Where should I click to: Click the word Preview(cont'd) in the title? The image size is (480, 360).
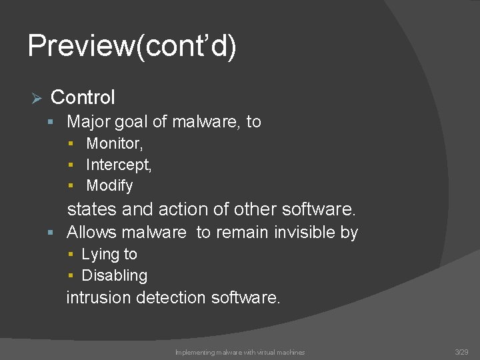click(x=132, y=47)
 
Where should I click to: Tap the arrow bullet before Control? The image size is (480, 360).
click(x=37, y=99)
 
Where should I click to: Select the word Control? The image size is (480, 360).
click(x=83, y=97)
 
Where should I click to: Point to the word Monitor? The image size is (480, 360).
click(x=113, y=143)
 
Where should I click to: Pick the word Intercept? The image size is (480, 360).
click(x=118, y=164)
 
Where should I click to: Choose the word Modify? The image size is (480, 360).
click(x=109, y=185)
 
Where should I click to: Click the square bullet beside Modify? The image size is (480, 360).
click(x=71, y=186)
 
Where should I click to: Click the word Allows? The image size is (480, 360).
click(x=91, y=232)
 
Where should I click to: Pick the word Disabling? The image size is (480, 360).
click(x=114, y=275)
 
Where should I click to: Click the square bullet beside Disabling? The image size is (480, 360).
click(x=71, y=276)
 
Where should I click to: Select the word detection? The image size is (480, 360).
click(x=171, y=297)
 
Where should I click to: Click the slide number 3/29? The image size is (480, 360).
click(x=461, y=351)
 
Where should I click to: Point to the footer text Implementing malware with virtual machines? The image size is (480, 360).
click(x=240, y=352)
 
